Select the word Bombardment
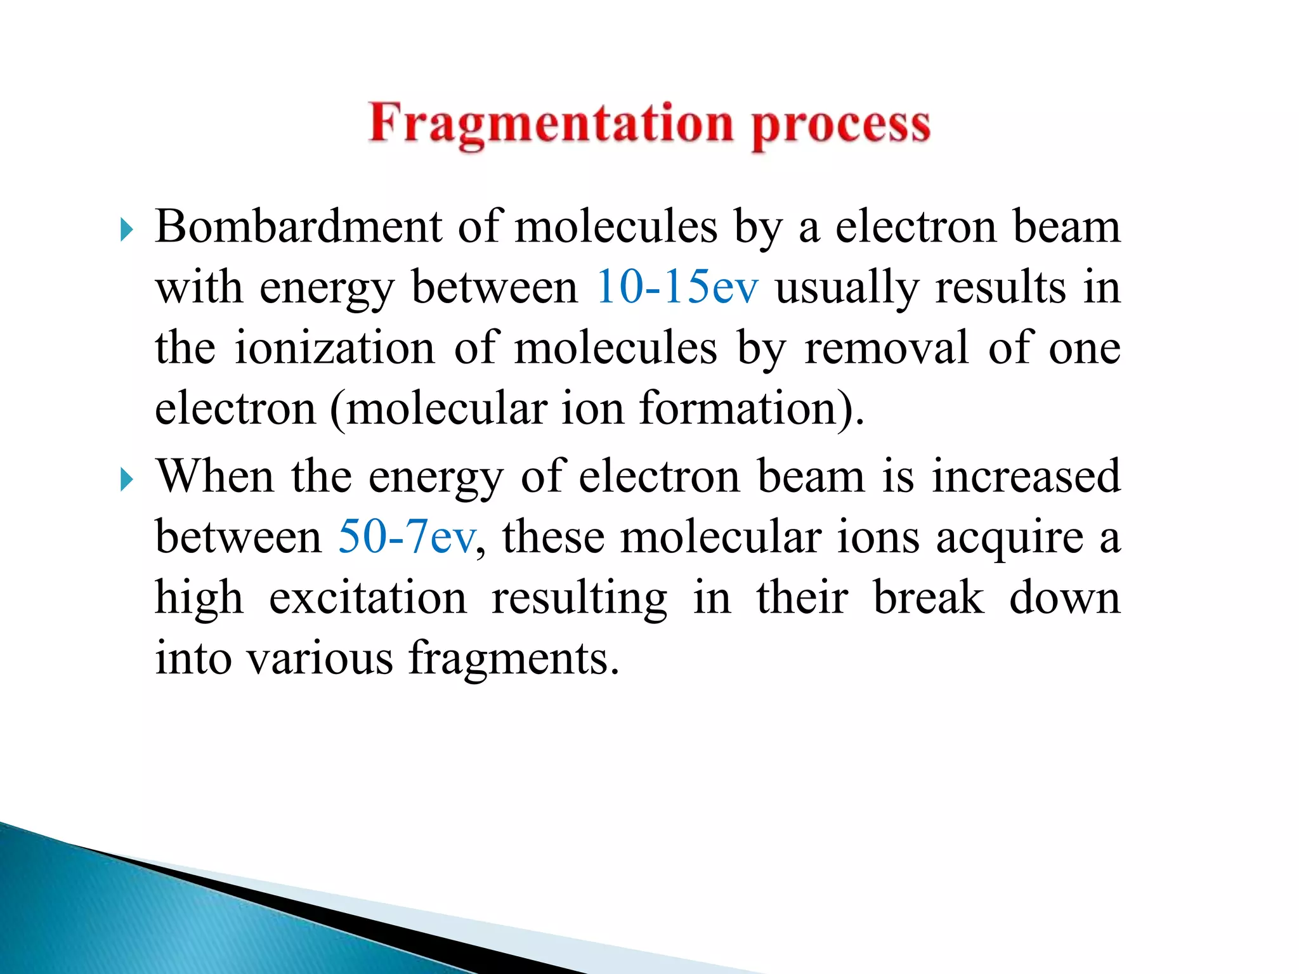[298, 226]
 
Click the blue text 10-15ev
[677, 287]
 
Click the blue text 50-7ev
[406, 537]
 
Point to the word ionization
[335, 347]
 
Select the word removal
[887, 347]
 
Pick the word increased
[1026, 476]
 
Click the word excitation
[368, 597]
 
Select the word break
[929, 597]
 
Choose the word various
[320, 658]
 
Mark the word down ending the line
[1064, 597]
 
